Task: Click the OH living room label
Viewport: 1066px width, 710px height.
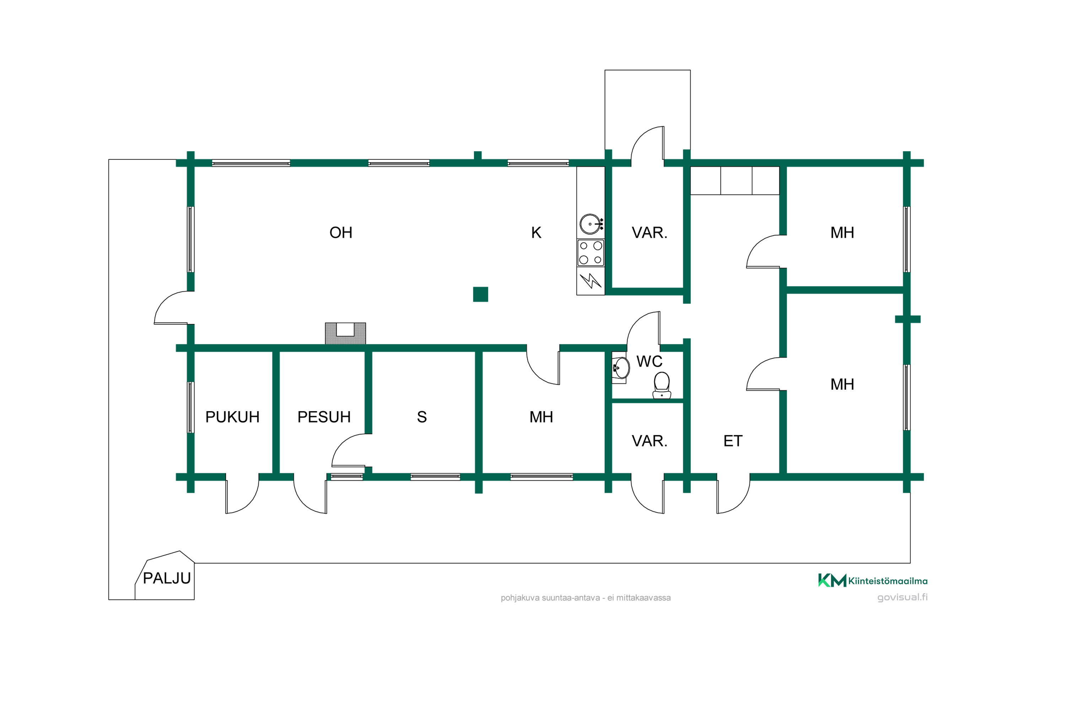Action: (x=341, y=233)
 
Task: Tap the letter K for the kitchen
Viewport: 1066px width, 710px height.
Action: (x=536, y=233)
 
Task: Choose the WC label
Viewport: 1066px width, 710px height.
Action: (x=649, y=362)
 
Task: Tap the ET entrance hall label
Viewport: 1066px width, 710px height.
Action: (x=733, y=441)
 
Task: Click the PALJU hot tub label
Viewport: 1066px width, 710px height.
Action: (x=167, y=579)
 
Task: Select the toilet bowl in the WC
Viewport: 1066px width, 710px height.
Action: (x=662, y=385)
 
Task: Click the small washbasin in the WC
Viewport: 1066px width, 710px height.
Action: (x=620, y=368)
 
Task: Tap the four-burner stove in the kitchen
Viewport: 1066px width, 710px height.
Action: (x=591, y=253)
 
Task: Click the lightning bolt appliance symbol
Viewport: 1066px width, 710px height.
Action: (x=591, y=281)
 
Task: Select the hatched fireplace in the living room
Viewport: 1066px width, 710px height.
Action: (x=345, y=334)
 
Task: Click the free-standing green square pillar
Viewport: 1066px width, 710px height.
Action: (x=480, y=294)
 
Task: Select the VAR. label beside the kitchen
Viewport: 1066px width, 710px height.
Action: (x=650, y=233)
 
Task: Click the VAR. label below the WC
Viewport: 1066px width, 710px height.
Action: (x=650, y=441)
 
